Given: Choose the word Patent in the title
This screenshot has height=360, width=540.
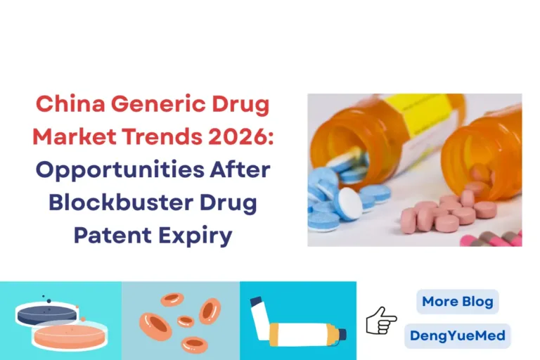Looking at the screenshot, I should (113, 235).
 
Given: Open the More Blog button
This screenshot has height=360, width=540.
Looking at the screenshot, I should (457, 302).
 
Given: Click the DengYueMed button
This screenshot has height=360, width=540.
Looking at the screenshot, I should (457, 335).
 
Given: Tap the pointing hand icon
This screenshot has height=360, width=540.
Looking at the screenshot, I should (381, 320).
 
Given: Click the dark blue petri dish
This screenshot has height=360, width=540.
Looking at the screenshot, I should (46, 314).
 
